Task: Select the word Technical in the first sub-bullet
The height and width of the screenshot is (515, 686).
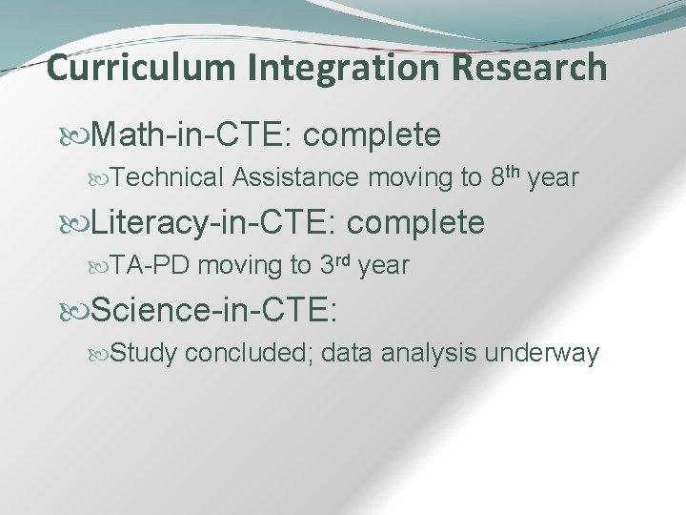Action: tap(168, 177)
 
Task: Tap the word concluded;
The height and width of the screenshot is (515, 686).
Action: tap(251, 354)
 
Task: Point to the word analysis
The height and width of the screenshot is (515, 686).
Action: tap(429, 354)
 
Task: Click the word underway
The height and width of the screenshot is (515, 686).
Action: tap(542, 354)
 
